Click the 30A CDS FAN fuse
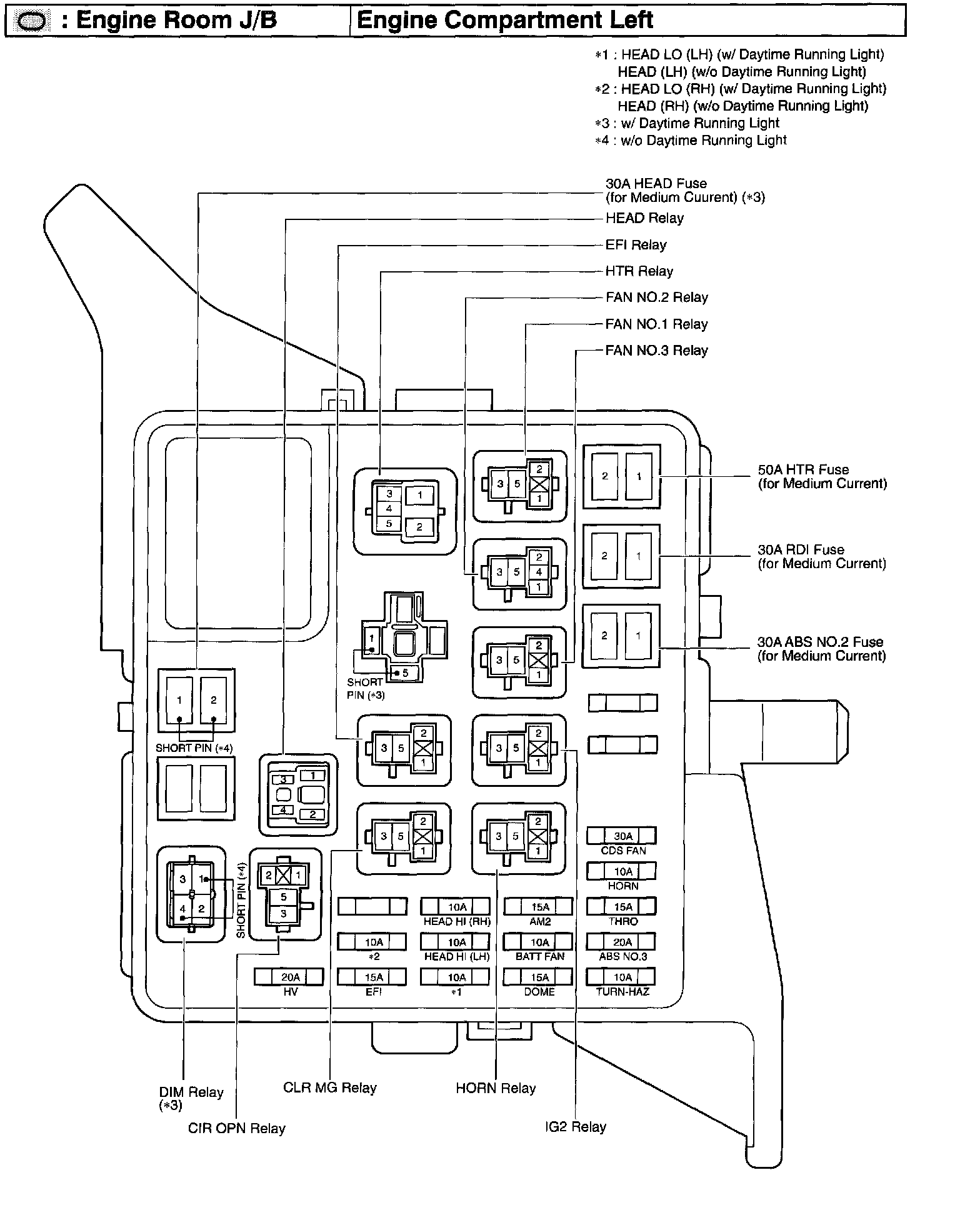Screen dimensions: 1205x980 (622, 836)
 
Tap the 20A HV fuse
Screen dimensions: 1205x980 (289, 977)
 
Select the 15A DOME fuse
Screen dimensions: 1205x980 (539, 977)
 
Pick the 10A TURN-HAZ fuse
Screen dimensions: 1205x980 (622, 977)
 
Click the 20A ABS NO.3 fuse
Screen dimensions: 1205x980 (622, 942)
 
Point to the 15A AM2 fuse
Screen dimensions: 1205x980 (539, 907)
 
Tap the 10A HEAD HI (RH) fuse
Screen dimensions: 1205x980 (456, 907)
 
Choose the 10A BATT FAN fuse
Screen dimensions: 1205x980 (539, 942)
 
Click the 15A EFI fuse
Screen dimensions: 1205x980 (372, 977)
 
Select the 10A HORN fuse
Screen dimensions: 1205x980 (622, 871)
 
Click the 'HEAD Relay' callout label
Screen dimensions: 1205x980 (644, 218)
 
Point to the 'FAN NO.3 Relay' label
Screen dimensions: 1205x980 (656, 351)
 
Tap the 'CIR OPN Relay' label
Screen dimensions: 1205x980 (236, 1128)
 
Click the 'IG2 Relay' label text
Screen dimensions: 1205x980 (575, 1127)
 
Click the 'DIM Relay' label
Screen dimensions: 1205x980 (191, 1092)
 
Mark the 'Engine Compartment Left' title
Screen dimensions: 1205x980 (505, 21)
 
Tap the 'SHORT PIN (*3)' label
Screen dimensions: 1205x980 (366, 688)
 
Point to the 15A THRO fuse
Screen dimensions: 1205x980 (622, 907)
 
